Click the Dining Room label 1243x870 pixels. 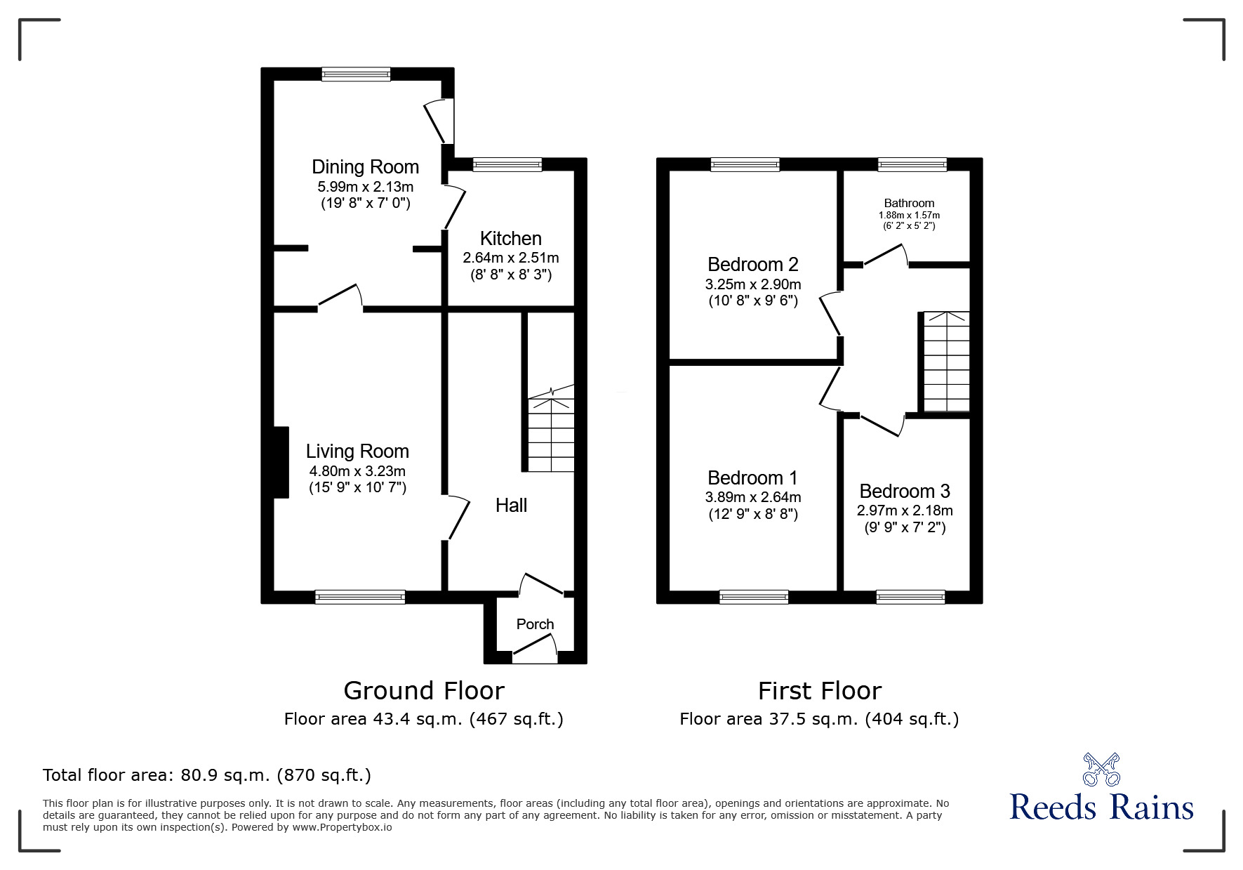click(x=365, y=167)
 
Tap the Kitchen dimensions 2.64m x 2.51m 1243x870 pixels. click(x=510, y=258)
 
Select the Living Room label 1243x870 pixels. click(x=357, y=452)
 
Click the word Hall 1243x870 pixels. click(x=511, y=506)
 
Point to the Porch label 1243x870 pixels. click(x=535, y=624)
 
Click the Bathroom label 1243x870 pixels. click(x=909, y=204)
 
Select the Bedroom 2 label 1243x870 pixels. click(x=752, y=265)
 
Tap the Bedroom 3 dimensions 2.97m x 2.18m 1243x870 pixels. click(x=905, y=510)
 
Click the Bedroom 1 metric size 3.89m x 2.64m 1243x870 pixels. click(x=752, y=497)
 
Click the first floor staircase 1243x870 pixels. click(x=946, y=362)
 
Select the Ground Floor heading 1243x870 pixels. click(x=424, y=691)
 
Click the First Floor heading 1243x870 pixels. click(x=819, y=691)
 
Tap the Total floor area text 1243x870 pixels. click(x=207, y=775)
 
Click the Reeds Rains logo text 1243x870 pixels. click(x=1101, y=807)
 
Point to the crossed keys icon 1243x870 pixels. click(x=1101, y=769)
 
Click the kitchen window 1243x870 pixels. click(x=507, y=165)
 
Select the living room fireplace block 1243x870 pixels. click(x=281, y=462)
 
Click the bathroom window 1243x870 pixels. click(x=912, y=165)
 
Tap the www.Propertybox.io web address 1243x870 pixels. click(x=342, y=827)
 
